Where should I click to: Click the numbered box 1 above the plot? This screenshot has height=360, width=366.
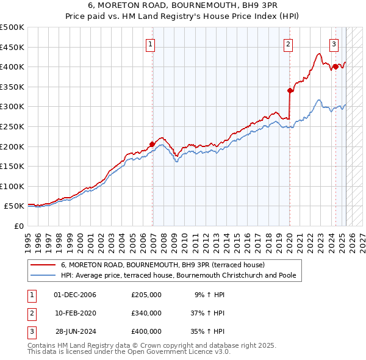[x=150, y=43]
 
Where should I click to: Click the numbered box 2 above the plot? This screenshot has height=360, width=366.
[x=288, y=43]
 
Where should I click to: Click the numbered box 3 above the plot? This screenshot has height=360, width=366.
[x=334, y=43]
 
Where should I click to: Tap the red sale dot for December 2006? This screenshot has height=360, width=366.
[x=152, y=144]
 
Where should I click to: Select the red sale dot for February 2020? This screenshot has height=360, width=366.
[x=290, y=90]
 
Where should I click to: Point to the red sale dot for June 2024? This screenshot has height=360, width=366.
[x=335, y=67]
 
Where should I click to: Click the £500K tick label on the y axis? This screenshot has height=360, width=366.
[x=12, y=27]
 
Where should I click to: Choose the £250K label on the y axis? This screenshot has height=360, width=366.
[x=12, y=126]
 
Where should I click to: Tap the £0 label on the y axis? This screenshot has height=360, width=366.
[x=19, y=226]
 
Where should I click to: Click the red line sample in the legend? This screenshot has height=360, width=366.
[x=43, y=265]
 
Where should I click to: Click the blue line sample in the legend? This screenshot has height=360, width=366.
[x=43, y=276]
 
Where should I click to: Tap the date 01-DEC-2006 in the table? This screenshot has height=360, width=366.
[x=76, y=295]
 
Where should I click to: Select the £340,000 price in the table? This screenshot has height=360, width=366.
[x=146, y=313]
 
